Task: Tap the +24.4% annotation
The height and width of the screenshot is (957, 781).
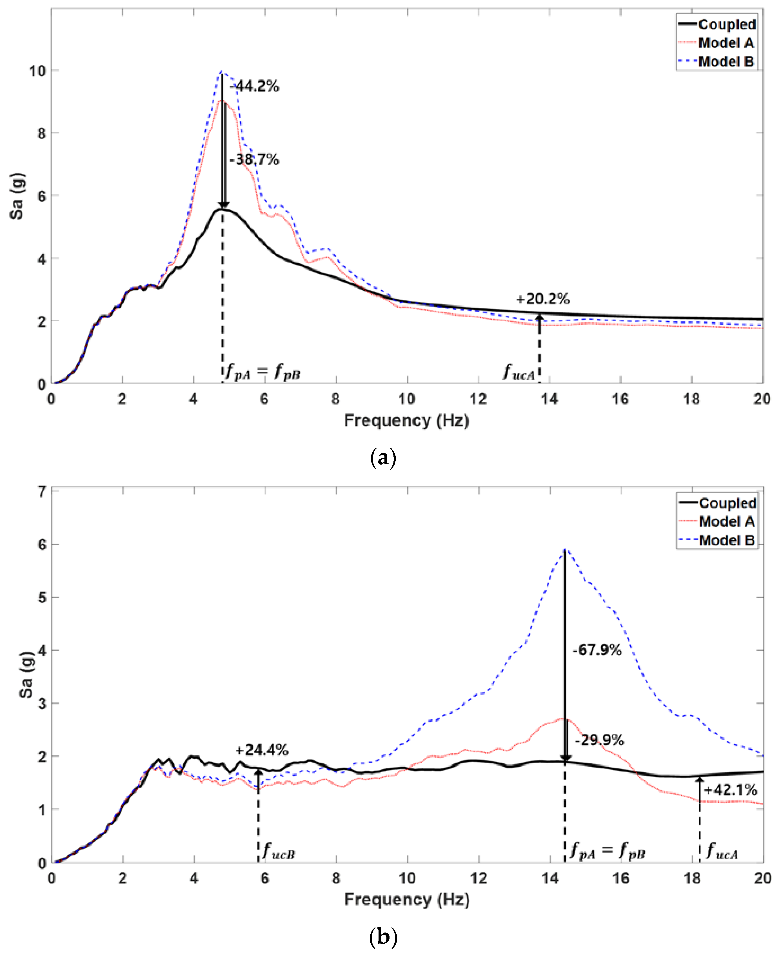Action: [x=262, y=750]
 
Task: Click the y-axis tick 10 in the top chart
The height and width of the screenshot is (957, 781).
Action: [x=37, y=71]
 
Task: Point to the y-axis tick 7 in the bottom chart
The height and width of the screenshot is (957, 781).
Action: [x=42, y=492]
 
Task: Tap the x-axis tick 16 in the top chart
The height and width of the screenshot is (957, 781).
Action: [x=620, y=399]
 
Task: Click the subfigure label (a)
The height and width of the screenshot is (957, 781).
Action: [x=383, y=458]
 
